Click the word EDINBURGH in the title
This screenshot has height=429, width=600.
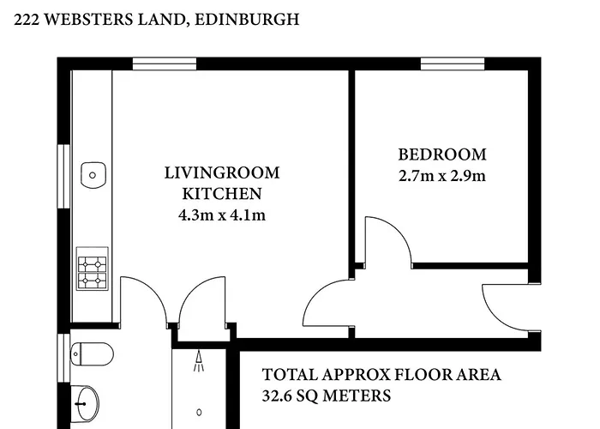(x=247, y=19)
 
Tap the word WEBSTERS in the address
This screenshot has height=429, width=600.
(x=89, y=19)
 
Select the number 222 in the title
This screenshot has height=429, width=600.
(x=27, y=19)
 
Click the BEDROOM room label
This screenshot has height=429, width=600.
(x=442, y=154)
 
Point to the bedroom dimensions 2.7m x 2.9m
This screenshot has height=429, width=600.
(x=442, y=176)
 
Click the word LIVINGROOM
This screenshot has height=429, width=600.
(x=222, y=172)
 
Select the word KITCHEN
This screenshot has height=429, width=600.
(x=222, y=194)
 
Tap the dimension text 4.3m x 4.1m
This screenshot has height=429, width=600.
(x=222, y=214)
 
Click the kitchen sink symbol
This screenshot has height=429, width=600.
(x=93, y=175)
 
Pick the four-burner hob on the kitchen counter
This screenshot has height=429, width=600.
(x=93, y=269)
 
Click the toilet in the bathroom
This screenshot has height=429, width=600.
(x=92, y=353)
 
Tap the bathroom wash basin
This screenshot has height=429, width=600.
(x=85, y=403)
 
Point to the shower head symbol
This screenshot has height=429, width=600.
(x=199, y=361)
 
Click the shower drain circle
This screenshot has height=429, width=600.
(x=199, y=413)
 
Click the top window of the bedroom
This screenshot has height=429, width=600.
(x=453, y=64)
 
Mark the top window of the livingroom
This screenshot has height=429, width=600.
(x=165, y=64)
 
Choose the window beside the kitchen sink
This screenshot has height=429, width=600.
(x=64, y=176)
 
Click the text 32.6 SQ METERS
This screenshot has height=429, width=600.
(x=327, y=396)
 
